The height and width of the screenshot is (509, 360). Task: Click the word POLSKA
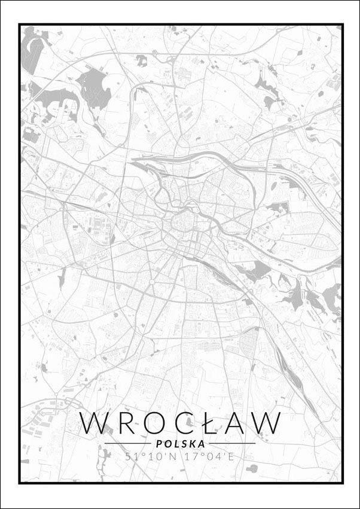click(180, 444)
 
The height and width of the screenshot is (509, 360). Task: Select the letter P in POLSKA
click(157, 444)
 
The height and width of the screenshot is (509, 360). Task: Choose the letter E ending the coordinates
click(231, 457)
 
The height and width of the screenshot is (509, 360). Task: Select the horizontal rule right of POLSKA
click(233, 444)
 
